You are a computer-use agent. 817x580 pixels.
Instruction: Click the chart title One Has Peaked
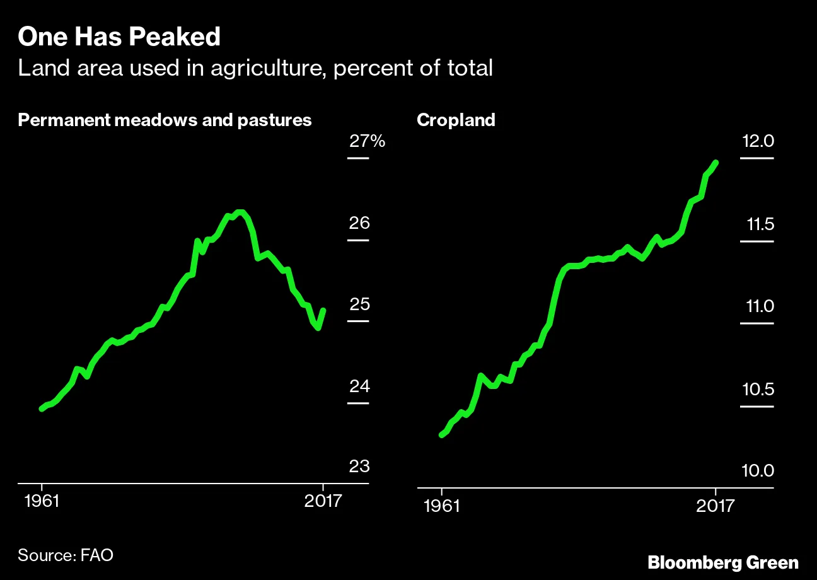pos(119,38)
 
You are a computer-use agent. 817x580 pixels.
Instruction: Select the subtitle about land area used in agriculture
pos(255,68)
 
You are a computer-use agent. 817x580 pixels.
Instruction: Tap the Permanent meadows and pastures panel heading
pos(165,120)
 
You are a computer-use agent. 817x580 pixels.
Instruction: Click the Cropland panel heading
pos(456,120)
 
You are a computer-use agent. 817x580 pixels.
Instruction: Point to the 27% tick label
pos(367,141)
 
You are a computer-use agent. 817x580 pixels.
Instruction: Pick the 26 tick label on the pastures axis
pos(359,224)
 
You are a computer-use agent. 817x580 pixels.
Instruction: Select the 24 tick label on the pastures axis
pos(359,386)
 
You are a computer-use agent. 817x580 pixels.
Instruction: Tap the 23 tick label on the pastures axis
pos(359,467)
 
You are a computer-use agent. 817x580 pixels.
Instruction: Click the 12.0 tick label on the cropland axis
pos(757,142)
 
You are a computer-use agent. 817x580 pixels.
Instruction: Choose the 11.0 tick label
pos(757,307)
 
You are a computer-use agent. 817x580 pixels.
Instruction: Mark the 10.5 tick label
pos(757,390)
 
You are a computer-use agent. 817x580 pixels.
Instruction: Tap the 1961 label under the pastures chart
pos(42,502)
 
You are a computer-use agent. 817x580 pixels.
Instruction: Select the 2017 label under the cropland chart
pos(716,506)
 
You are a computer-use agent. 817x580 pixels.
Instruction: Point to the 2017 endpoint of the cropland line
pos(716,163)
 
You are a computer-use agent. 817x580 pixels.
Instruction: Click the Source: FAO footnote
pos(66,555)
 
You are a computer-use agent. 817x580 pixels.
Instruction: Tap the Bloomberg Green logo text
pos(723,562)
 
